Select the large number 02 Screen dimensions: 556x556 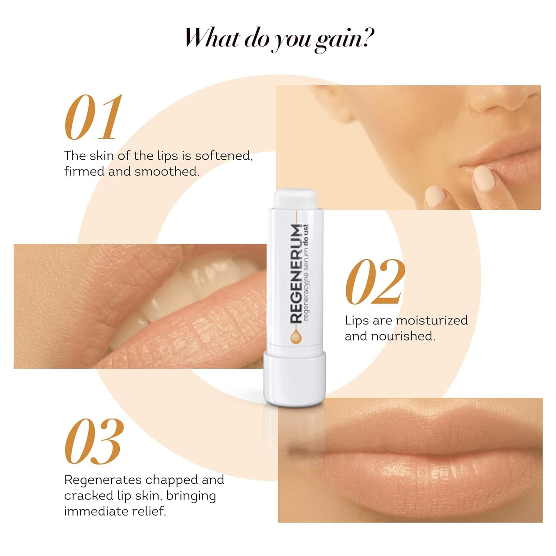[375, 282]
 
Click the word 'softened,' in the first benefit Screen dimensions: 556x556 [224, 156]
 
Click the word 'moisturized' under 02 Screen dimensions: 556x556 [432, 321]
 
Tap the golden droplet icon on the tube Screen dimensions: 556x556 [296, 337]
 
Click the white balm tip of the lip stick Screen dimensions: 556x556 [295, 197]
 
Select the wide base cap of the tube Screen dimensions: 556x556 [295, 379]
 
